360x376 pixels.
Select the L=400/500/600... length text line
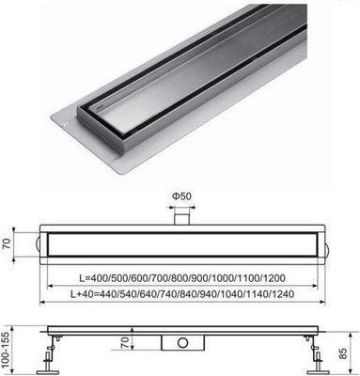click(x=180, y=279)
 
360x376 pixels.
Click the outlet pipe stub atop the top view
click(x=180, y=217)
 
